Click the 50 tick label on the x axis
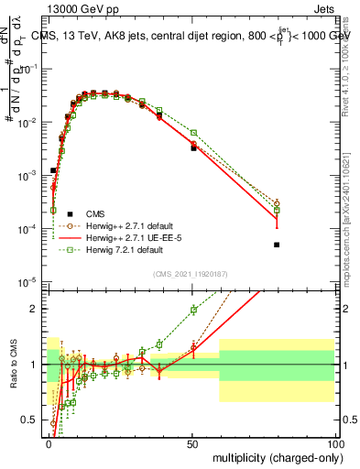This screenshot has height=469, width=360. pyautogui.click(x=193, y=442)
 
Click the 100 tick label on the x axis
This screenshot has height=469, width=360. pyautogui.click(x=336, y=442)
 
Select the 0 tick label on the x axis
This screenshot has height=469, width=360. pyautogui.click(x=49, y=442)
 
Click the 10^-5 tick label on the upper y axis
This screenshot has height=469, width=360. pyautogui.click(x=28, y=280)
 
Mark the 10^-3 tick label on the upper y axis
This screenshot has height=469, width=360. pyautogui.click(x=28, y=174)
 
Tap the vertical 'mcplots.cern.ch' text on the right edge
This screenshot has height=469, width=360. pyautogui.click(x=352, y=234)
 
